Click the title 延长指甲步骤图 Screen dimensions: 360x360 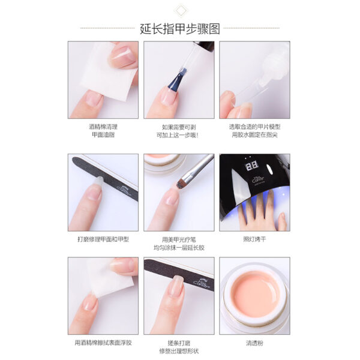(x=179, y=28)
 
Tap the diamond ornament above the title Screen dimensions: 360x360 (x=179, y=10)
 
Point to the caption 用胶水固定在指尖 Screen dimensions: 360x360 (x=254, y=135)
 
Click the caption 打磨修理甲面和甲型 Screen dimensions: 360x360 (x=104, y=239)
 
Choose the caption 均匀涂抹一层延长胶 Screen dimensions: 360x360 (x=179, y=247)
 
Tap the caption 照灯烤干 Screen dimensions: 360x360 (x=254, y=239)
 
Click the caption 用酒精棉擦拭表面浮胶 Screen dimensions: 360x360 (x=104, y=342)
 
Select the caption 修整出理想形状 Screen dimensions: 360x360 (x=179, y=350)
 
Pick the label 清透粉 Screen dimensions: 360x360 (x=254, y=342)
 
